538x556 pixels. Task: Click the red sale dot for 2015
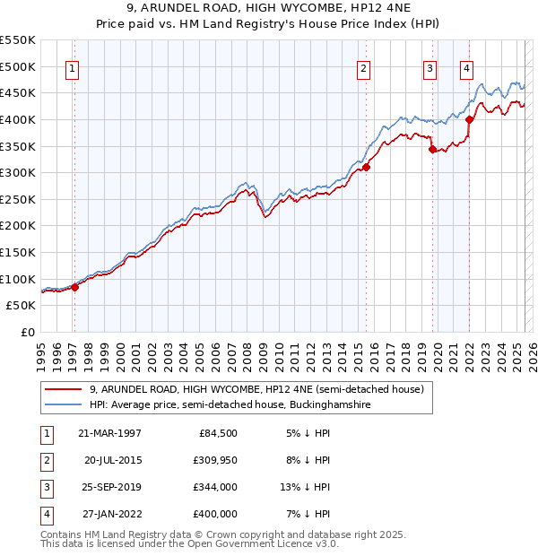(366, 167)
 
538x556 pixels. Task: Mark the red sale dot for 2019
(432, 150)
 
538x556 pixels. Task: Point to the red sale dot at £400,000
(469, 119)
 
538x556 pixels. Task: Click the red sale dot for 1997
(74, 287)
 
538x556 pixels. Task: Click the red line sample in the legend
(63, 390)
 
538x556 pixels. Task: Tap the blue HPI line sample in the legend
(63, 405)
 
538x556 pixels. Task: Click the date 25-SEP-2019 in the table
(109, 487)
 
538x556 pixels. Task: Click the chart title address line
(269, 9)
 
